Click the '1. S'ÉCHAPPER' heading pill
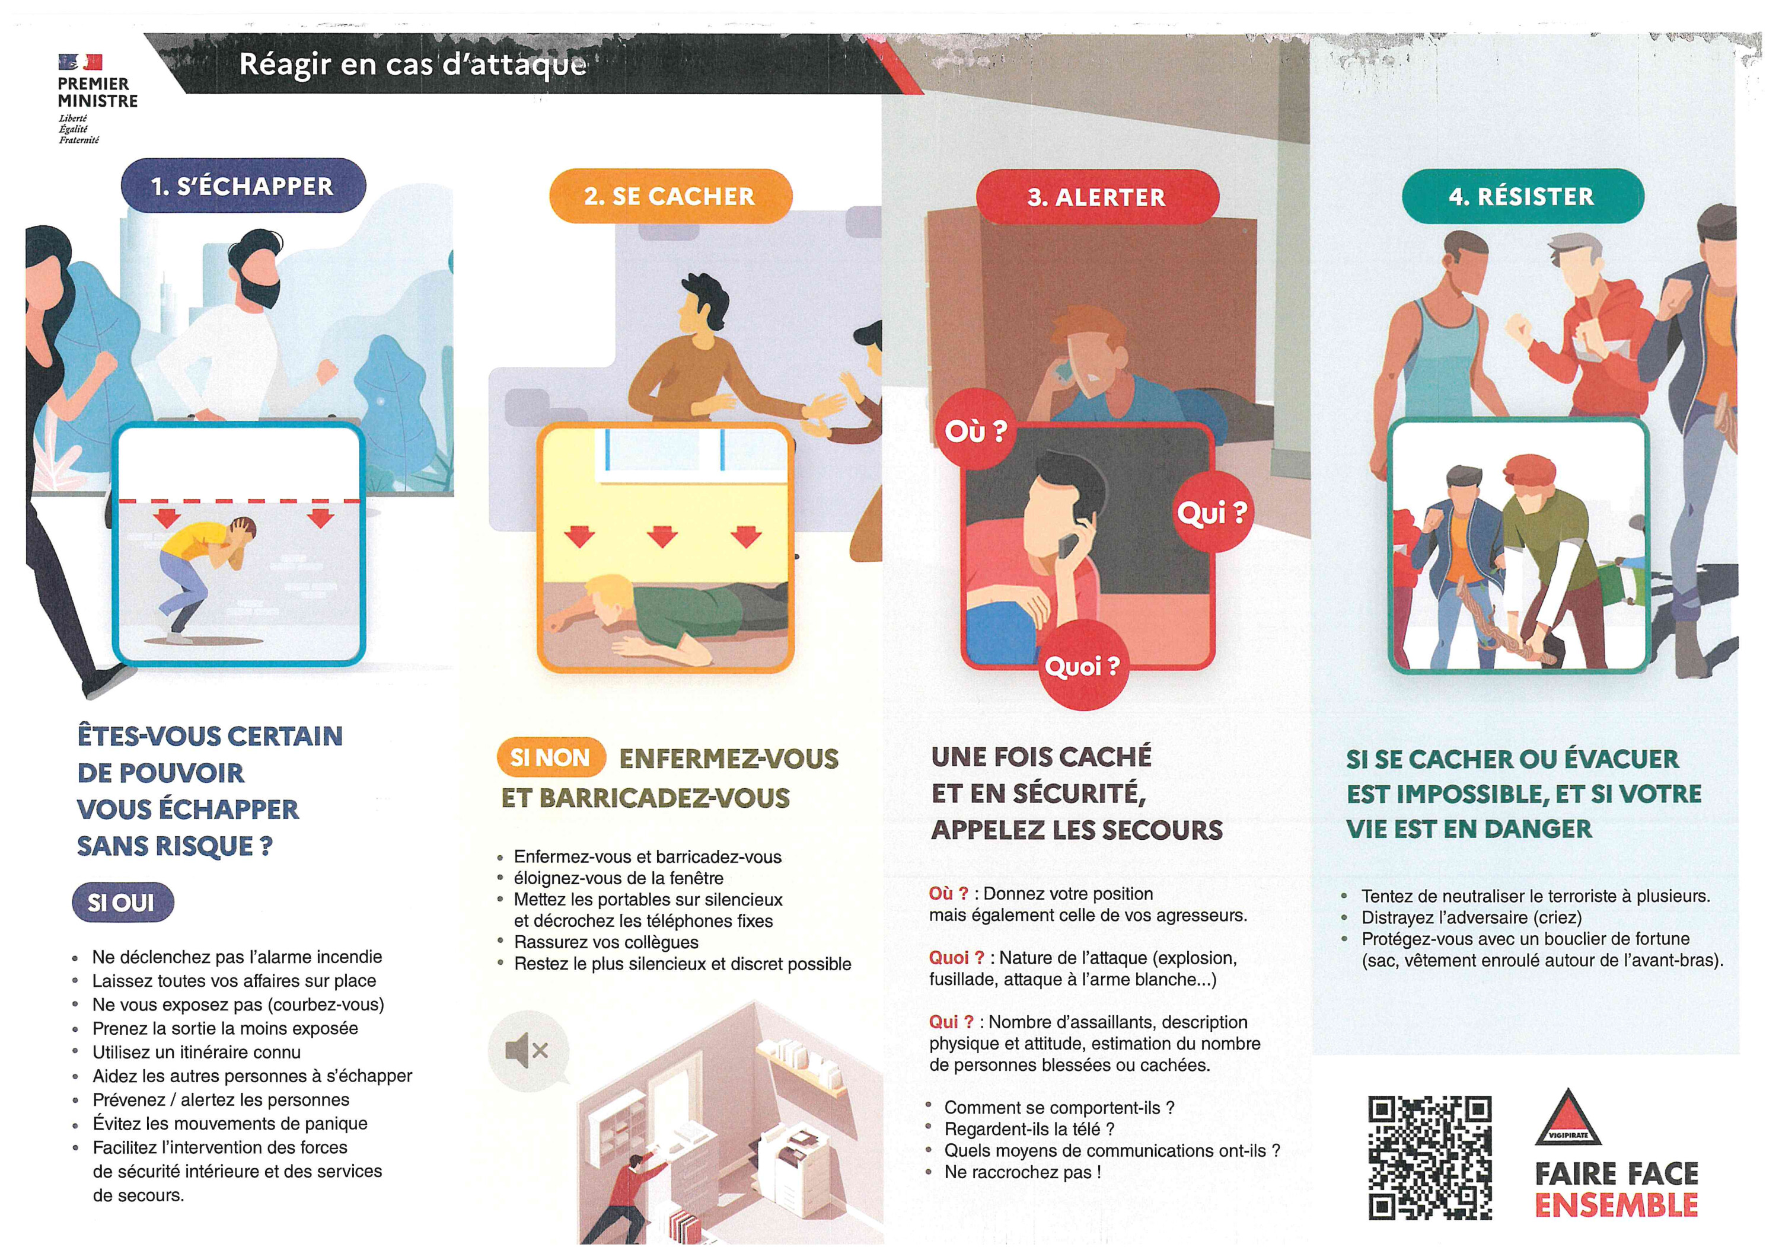[x=243, y=186]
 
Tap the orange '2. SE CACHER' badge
[x=670, y=196]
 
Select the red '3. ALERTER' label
[x=1097, y=197]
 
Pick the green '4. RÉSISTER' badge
[x=1523, y=196]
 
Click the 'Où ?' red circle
[x=976, y=431]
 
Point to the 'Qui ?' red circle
[x=1213, y=512]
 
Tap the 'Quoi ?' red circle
[x=1082, y=666]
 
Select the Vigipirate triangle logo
[x=1567, y=1118]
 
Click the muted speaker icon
[x=528, y=1051]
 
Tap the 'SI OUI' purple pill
[x=122, y=902]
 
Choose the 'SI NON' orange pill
[x=551, y=757]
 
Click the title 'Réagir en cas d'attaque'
[x=413, y=63]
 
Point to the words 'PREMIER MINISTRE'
[x=98, y=92]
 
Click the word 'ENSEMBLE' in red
[x=1617, y=1205]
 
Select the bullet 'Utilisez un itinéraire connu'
[x=197, y=1052]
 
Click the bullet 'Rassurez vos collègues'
[x=606, y=942]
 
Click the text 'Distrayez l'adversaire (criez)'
[x=1471, y=917]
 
